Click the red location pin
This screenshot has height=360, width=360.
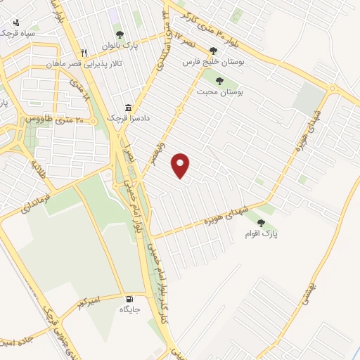pyautogui.click(x=181, y=165)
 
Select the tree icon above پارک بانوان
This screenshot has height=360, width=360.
pyautogui.click(x=120, y=34)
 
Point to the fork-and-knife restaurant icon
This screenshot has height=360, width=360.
pyautogui.click(x=84, y=53)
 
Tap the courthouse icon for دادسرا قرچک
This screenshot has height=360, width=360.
pyautogui.click(x=128, y=108)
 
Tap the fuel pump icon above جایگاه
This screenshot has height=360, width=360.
pyautogui.click(x=129, y=298)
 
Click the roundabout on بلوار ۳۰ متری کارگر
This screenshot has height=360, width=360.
pyautogui.click(x=332, y=89)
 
